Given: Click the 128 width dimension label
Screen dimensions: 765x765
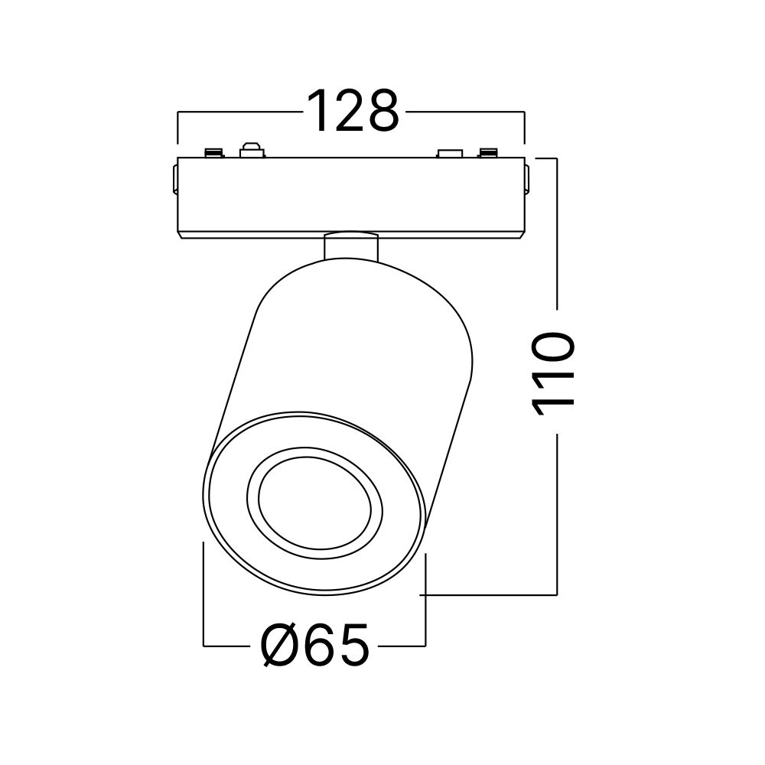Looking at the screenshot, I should pyautogui.click(x=353, y=112).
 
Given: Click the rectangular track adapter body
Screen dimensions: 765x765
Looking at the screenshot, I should pyautogui.click(x=351, y=198).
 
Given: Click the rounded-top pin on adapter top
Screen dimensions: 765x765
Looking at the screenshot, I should pyautogui.click(x=251, y=149).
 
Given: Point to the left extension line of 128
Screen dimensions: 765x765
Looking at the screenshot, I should pyautogui.click(x=177, y=128).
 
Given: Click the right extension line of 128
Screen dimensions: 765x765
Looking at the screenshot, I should pyautogui.click(x=525, y=128).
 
